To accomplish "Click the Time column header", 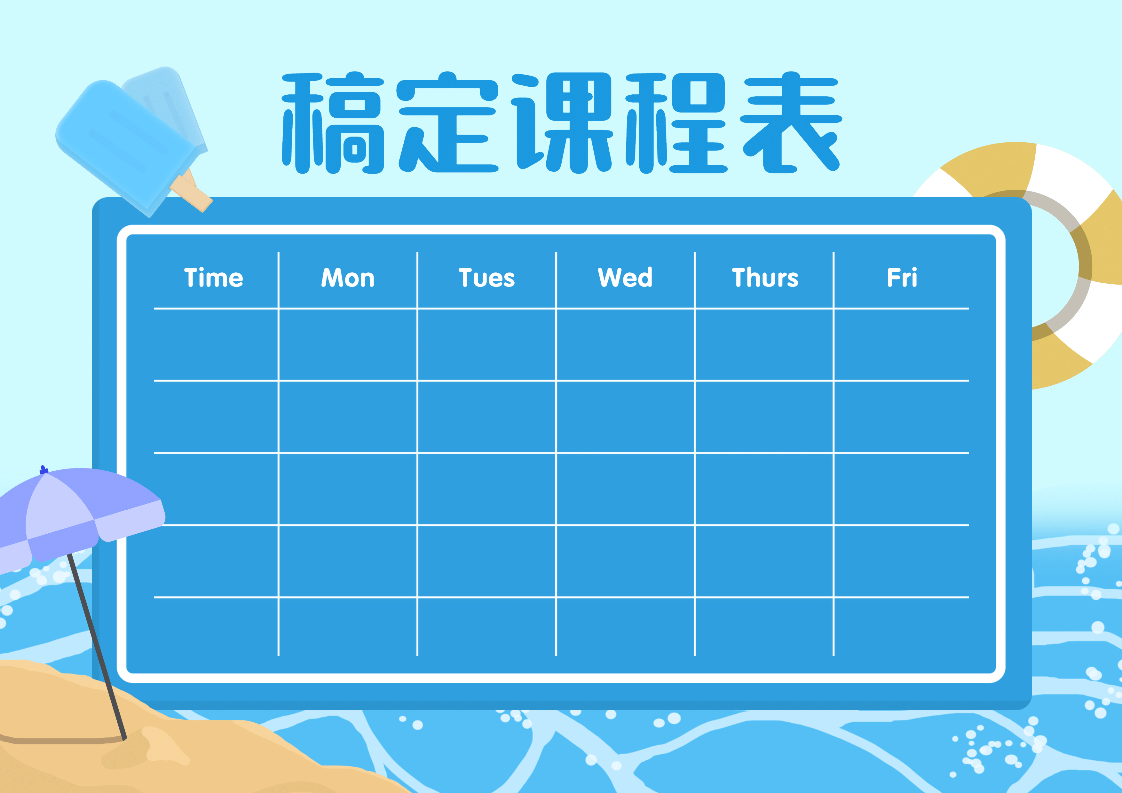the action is tap(214, 278).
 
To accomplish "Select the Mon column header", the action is tap(348, 278).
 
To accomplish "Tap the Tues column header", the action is tap(487, 278).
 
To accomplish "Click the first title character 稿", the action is tap(333, 123).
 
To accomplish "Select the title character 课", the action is tap(562, 123).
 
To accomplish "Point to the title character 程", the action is tap(676, 123).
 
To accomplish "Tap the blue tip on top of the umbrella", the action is tap(43, 469).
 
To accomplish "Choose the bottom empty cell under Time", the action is tap(216, 627).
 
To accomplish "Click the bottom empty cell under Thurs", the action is tap(764, 627).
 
